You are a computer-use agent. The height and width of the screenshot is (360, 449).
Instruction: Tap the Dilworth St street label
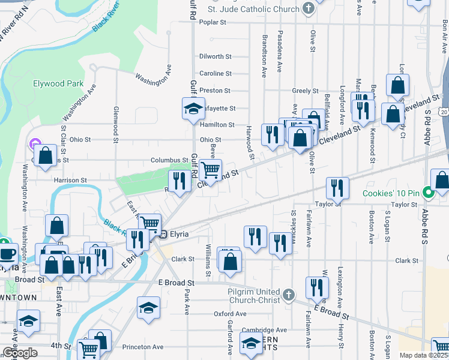[x=215, y=56]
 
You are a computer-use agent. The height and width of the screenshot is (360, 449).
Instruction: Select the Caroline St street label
[x=215, y=73]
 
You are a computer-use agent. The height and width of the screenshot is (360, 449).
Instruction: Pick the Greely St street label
[x=305, y=91]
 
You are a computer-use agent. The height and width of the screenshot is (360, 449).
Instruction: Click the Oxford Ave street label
[x=230, y=313]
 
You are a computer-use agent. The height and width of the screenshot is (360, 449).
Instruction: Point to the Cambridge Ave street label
[x=264, y=330]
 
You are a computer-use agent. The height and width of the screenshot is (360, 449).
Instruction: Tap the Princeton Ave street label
[x=142, y=347]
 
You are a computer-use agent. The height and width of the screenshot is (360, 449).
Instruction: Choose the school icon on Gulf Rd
[x=194, y=109]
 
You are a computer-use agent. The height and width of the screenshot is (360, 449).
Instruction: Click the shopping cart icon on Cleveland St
[x=210, y=170]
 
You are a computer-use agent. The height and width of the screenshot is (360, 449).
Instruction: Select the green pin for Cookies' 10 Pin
[x=428, y=193]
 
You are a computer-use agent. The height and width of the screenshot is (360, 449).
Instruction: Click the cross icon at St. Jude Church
[x=308, y=8]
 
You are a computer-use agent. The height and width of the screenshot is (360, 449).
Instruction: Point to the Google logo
[x=19, y=353]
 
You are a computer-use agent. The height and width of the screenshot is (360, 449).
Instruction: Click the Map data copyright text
[x=423, y=355]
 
